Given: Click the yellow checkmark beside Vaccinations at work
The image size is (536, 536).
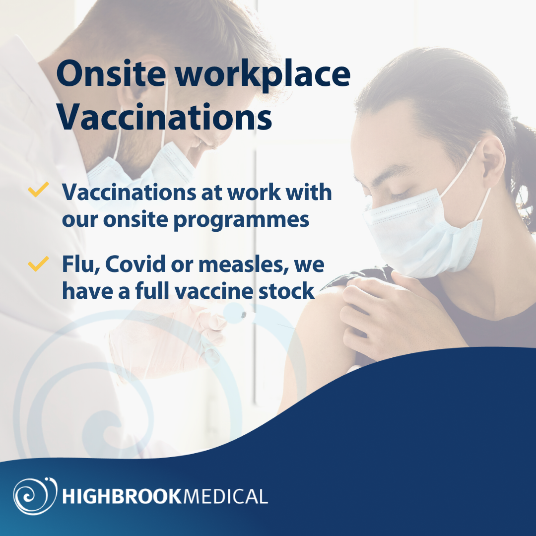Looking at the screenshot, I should (38, 190).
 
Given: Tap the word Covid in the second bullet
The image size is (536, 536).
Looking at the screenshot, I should (133, 264).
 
